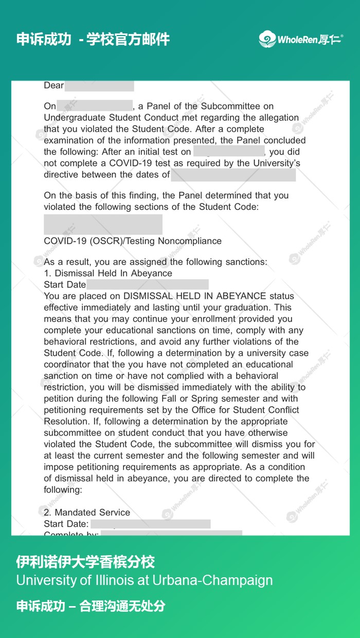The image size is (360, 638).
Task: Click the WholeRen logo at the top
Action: (x=301, y=39)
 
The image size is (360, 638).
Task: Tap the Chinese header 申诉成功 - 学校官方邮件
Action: (x=93, y=39)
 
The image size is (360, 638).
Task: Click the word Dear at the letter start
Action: (x=54, y=85)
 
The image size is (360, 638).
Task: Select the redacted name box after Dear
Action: (x=99, y=85)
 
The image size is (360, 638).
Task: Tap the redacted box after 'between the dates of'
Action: (x=233, y=174)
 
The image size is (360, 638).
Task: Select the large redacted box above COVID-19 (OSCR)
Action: (x=103, y=225)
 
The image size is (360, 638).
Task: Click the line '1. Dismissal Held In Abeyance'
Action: (x=108, y=273)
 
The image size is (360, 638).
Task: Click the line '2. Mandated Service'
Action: (x=87, y=512)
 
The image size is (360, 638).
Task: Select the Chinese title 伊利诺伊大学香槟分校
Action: (x=85, y=561)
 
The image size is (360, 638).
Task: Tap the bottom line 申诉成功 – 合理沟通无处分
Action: (x=91, y=606)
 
